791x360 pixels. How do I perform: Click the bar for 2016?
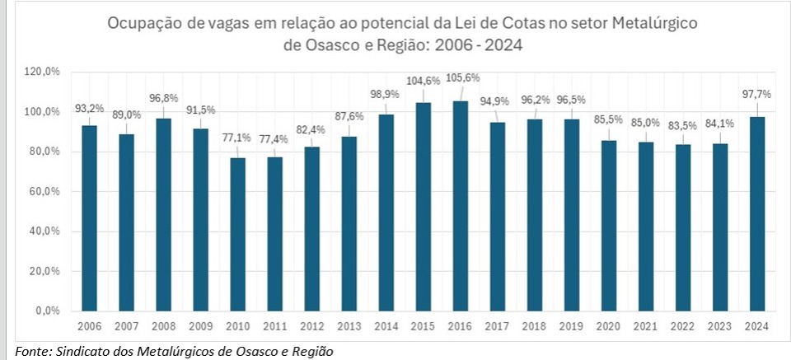tap(461, 206)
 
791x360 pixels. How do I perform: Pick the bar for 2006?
tap(89, 218)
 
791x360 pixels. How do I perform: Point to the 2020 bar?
tap(609, 226)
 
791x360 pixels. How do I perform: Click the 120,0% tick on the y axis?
tap(44, 72)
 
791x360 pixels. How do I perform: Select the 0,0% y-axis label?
tap(48, 311)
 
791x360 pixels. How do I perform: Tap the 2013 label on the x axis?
tap(349, 326)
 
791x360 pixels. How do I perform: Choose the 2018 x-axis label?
tap(535, 326)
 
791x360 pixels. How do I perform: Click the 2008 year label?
tap(164, 326)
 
